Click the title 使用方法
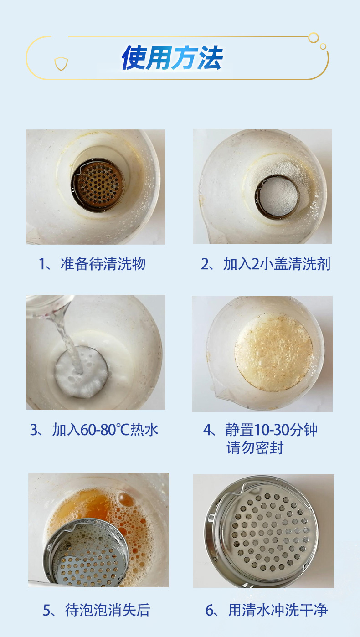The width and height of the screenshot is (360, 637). coord(172,58)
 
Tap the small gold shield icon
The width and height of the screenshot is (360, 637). coord(61,64)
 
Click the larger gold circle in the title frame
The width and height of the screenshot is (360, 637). coord(314,38)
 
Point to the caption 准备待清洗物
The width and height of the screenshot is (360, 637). coord(103,264)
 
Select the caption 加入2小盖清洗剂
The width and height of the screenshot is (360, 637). coord(277,264)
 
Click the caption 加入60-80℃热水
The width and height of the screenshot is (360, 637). coord(105,429)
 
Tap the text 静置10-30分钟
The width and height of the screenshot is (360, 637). coord(271,429)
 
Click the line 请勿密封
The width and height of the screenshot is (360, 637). coord(255,448)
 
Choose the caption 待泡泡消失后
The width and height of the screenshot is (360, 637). coord(108,610)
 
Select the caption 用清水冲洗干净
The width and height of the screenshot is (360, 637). coord(278,610)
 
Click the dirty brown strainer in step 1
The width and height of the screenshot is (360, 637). coord(98,185)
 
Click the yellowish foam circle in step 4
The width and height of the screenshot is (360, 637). coord(273,353)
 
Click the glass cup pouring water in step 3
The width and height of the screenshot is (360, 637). coord(48,306)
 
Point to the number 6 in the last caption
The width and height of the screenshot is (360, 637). coord(209,611)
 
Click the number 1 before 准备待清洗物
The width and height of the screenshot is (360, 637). coord(42,264)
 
